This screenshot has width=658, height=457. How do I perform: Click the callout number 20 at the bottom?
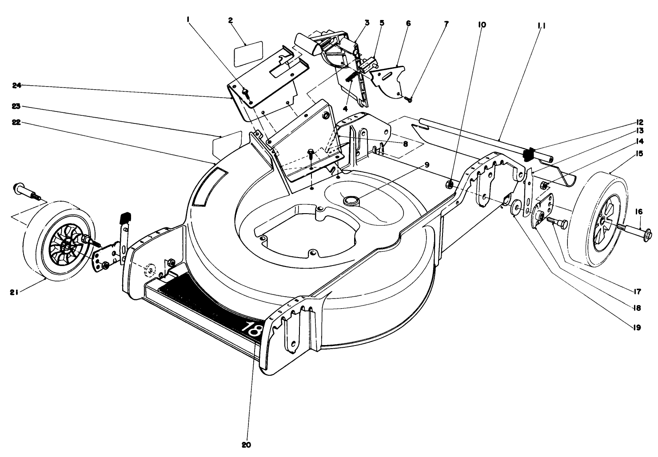(x=247, y=445)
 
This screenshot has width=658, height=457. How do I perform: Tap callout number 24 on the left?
(x=17, y=85)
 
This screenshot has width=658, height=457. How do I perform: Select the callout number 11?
(x=542, y=26)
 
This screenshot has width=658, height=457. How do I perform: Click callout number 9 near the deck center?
(x=427, y=165)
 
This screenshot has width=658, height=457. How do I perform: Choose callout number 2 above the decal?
(x=230, y=20)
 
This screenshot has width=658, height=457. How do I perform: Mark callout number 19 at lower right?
(x=637, y=327)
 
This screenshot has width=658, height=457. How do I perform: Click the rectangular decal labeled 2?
(x=248, y=53)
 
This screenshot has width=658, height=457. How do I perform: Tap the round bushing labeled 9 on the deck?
(x=351, y=201)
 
